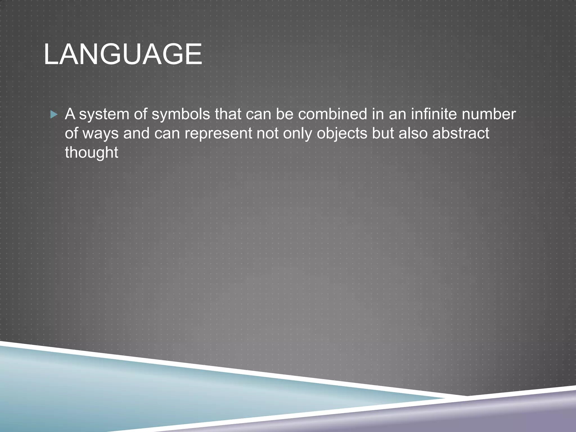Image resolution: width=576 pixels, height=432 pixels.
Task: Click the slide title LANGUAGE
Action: (123, 55)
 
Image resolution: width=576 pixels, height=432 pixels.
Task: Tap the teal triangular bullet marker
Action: (54, 114)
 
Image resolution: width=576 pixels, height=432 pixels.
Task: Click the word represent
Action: (218, 134)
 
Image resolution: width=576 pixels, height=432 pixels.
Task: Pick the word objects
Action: (342, 134)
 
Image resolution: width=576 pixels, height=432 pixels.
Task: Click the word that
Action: (228, 114)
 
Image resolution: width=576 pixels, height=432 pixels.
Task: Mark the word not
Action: (267, 133)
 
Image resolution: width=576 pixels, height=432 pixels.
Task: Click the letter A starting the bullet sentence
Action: (70, 114)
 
